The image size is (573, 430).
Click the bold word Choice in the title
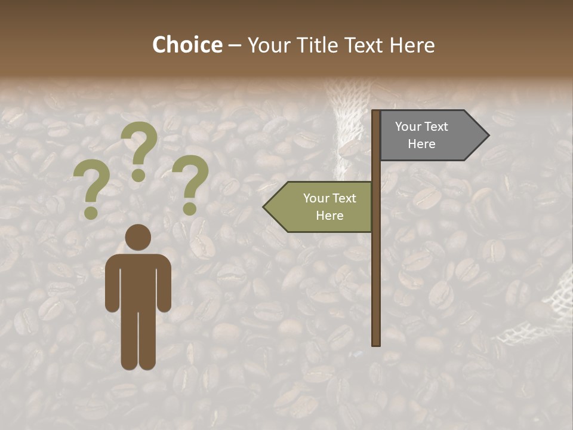click(187, 45)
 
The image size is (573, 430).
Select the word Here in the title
click(412, 45)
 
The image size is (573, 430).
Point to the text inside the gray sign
click(421, 135)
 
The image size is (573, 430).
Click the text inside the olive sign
click(329, 207)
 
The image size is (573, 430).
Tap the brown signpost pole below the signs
click(376, 287)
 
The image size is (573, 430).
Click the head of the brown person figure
click(138, 237)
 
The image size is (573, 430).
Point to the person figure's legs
click(138, 340)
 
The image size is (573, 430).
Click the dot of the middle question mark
click(138, 175)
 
